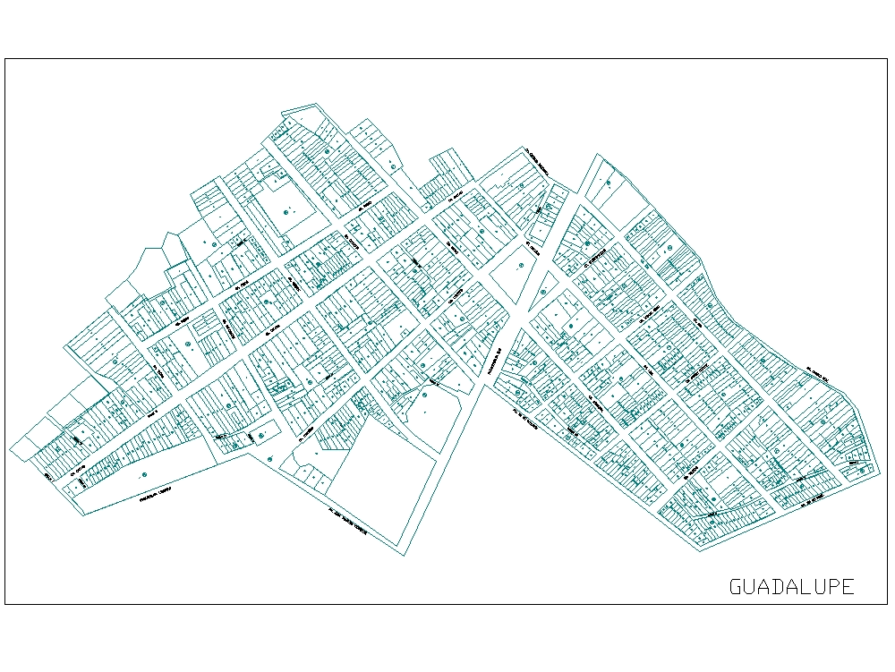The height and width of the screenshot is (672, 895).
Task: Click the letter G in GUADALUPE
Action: tap(737, 587)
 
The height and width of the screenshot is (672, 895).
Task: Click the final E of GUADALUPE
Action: tap(848, 587)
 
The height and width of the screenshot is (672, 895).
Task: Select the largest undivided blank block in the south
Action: tap(385, 483)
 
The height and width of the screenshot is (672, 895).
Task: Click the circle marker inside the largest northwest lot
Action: tap(286, 212)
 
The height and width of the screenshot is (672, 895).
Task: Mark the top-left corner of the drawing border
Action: tap(5, 59)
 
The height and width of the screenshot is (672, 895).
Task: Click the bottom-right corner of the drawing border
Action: tap(887, 604)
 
